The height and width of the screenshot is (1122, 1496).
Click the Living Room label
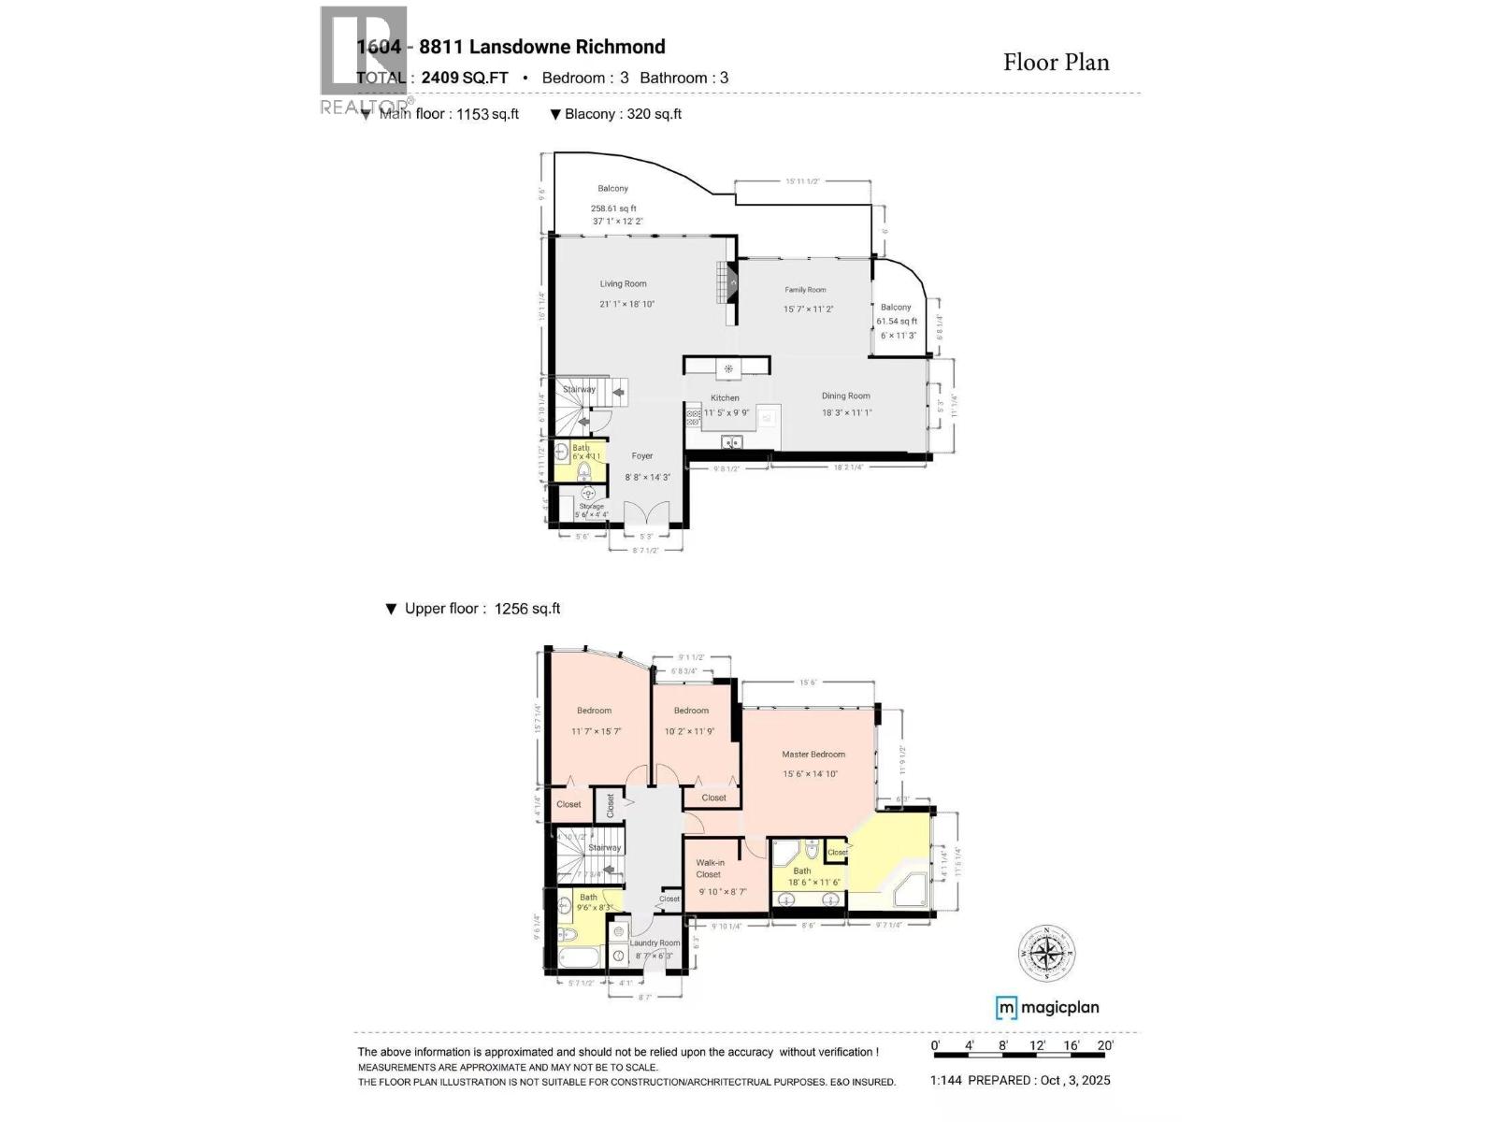pos(623,284)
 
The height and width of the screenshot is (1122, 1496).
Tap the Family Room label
pos(805,290)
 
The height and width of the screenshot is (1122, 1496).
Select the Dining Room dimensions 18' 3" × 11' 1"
pos(846,412)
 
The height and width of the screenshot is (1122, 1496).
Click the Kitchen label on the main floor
pos(725,398)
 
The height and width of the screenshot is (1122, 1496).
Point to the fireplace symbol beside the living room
pos(733,281)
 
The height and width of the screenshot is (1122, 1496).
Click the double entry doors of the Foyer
pos(647,513)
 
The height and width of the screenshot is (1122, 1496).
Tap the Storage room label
pos(591,507)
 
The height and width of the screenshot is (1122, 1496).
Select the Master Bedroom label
pos(813,755)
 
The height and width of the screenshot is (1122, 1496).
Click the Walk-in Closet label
pos(710,869)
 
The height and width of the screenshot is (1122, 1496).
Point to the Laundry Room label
pos(654,943)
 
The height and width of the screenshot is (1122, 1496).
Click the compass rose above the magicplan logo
pos(1046,953)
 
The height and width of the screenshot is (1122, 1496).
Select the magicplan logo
pos(1047,1007)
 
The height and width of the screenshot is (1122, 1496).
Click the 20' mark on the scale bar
pos(1105,1046)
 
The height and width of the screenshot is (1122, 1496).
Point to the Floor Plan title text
pos(1056,63)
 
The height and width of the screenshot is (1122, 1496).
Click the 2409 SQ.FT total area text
pos(465,78)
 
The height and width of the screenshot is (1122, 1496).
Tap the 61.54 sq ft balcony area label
pos(896,322)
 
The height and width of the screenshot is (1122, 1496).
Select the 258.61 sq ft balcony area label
pos(613,209)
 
